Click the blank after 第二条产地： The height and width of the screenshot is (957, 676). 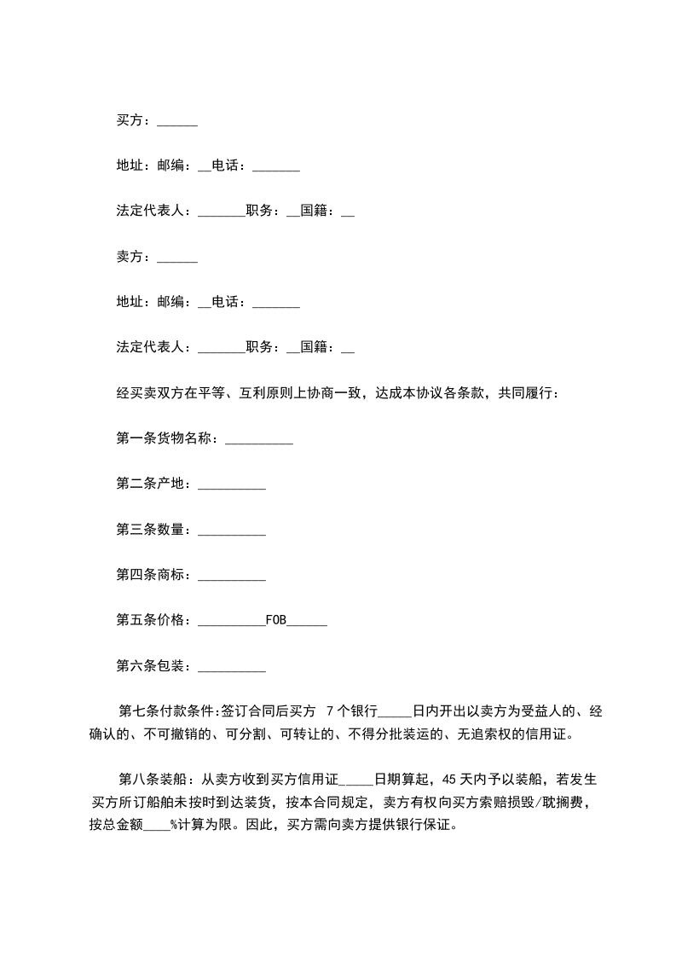[231, 486]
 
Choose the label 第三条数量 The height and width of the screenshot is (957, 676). [150, 530]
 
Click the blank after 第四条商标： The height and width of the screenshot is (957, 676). [231, 577]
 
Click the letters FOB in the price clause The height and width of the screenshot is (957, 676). [276, 620]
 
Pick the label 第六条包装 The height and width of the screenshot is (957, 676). [150, 665]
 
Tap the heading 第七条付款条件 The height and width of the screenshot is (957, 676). [170, 710]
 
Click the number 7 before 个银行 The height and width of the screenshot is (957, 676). [330, 710]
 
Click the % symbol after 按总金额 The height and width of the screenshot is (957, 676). [173, 825]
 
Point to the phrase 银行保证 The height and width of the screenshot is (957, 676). [431, 825]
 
